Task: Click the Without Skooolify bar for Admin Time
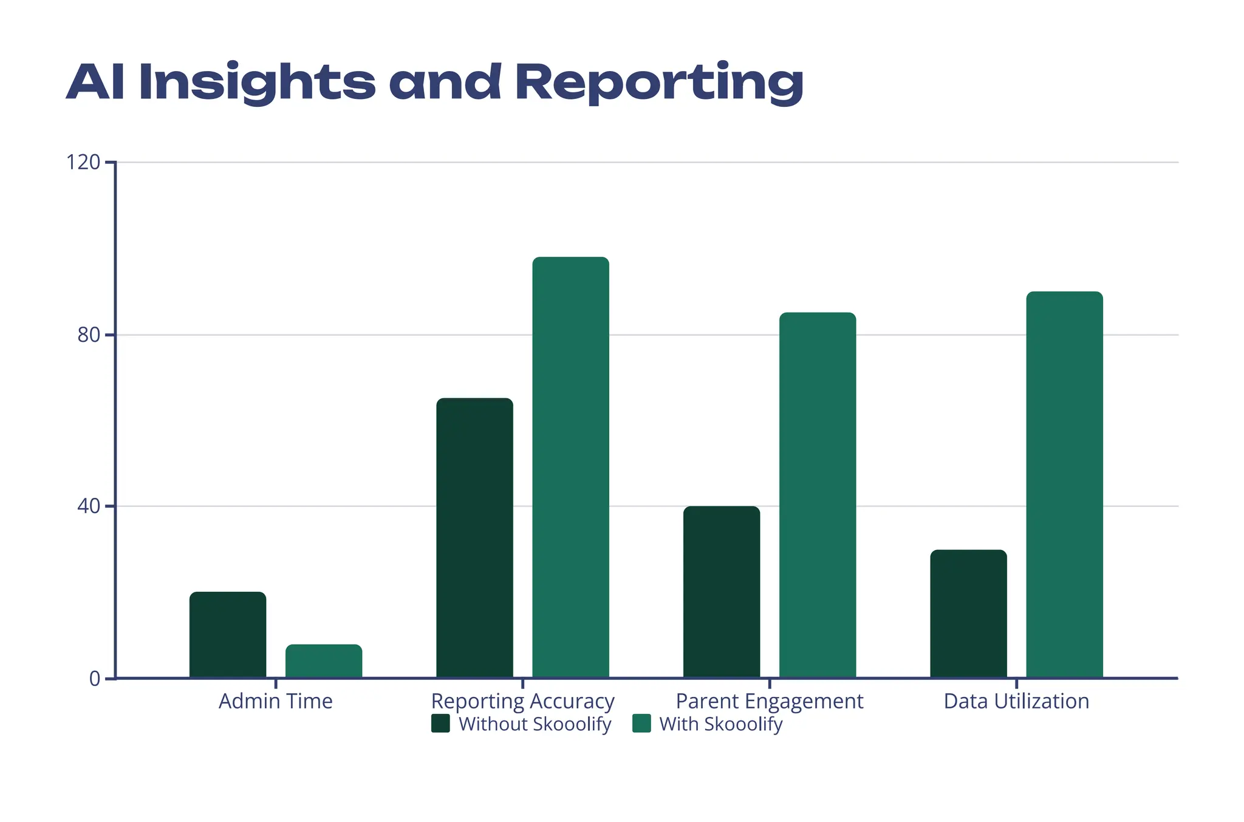coord(228,634)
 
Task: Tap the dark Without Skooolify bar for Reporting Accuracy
coord(474,538)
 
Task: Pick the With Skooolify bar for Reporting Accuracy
coord(570,467)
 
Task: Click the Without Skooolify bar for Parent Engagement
coord(721,592)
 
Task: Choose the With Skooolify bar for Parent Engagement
coord(818,495)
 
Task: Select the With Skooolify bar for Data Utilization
coord(1064,484)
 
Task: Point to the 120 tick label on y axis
coord(83,163)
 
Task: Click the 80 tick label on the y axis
coord(89,335)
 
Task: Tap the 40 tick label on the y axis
coord(89,506)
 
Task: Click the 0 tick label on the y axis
coord(95,679)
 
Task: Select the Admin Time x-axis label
coord(276,701)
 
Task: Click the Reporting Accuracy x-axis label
coord(522,701)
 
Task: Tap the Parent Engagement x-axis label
coord(769,701)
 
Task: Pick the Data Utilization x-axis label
coord(1016,701)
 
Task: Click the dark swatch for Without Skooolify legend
coord(440,724)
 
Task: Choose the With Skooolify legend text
coord(720,724)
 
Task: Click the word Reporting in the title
coord(659,83)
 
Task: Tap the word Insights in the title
coord(257,83)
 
